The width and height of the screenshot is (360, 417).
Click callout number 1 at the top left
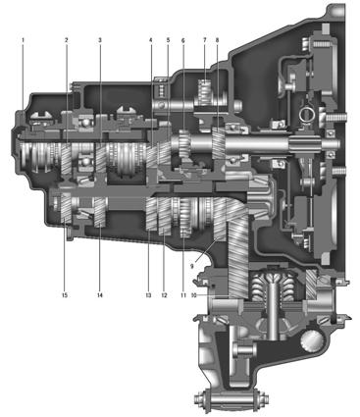pyautogui.click(x=23, y=40)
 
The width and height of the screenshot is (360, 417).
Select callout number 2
pyautogui.click(x=67, y=40)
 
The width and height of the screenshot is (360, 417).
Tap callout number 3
pyautogui.click(x=100, y=40)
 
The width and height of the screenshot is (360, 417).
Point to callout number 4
pyautogui.click(x=151, y=40)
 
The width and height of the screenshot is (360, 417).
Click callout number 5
pyautogui.click(x=168, y=40)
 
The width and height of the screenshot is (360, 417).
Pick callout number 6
pyautogui.click(x=183, y=40)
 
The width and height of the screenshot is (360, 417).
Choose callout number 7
pyautogui.click(x=205, y=40)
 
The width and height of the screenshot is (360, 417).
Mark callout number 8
pyautogui.click(x=218, y=40)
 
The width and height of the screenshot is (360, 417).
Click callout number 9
pyautogui.click(x=192, y=266)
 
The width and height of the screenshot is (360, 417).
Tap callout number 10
pyautogui.click(x=193, y=295)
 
